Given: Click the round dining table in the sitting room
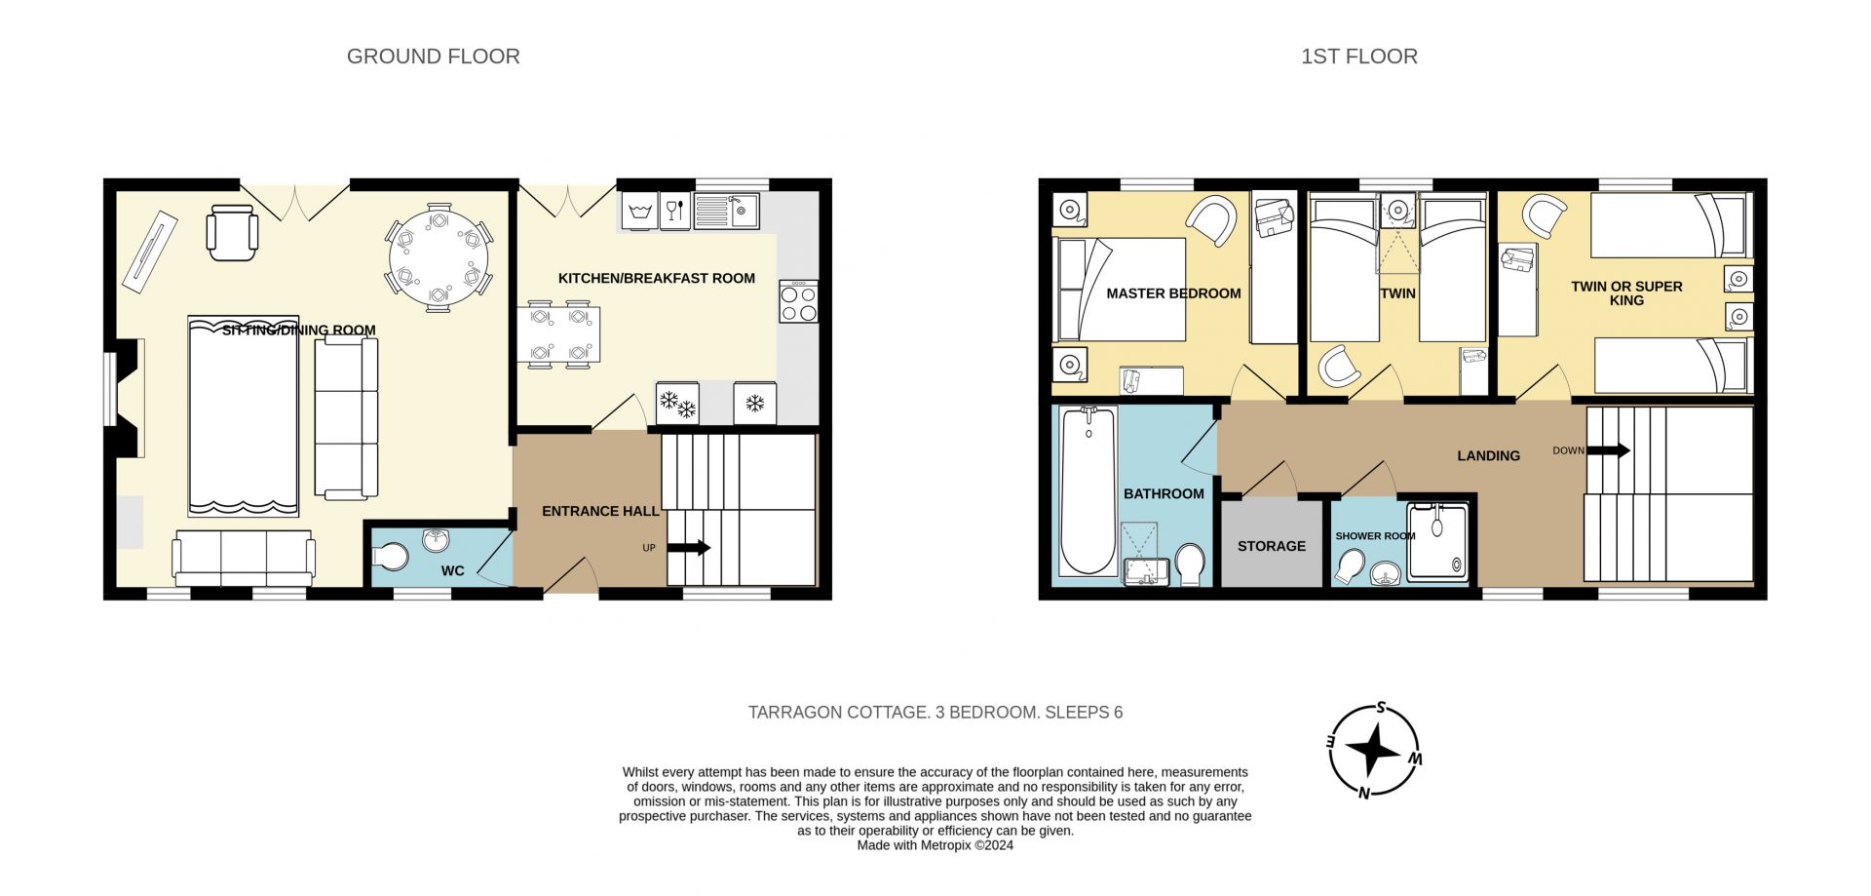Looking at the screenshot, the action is tap(439, 257).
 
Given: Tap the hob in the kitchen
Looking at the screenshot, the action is tap(798, 301).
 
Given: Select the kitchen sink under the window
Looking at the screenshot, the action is tap(726, 211).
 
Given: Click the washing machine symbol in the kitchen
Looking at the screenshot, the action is tap(639, 211).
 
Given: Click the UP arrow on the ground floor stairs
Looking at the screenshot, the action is tap(689, 548).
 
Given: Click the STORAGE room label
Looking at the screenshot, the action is tap(1271, 546).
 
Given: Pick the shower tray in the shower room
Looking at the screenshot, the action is tap(1437, 542).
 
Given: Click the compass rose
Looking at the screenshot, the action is tap(1374, 750).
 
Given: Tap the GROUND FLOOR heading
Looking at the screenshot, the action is tap(434, 57).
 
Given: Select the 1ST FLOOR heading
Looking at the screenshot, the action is tap(1359, 57).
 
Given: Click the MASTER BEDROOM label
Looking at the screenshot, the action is tap(1173, 293).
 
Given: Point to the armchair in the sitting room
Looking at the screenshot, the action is tap(233, 232).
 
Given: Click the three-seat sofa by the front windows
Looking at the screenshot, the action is tap(243, 559).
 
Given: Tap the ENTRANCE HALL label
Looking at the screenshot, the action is tap(600, 511).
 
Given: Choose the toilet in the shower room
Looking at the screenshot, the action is tap(1350, 566).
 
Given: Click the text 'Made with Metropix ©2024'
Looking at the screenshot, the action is tap(935, 845).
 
